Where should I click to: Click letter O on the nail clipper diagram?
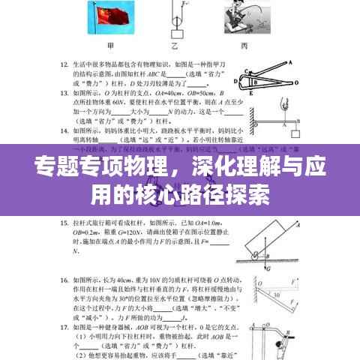244,84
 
